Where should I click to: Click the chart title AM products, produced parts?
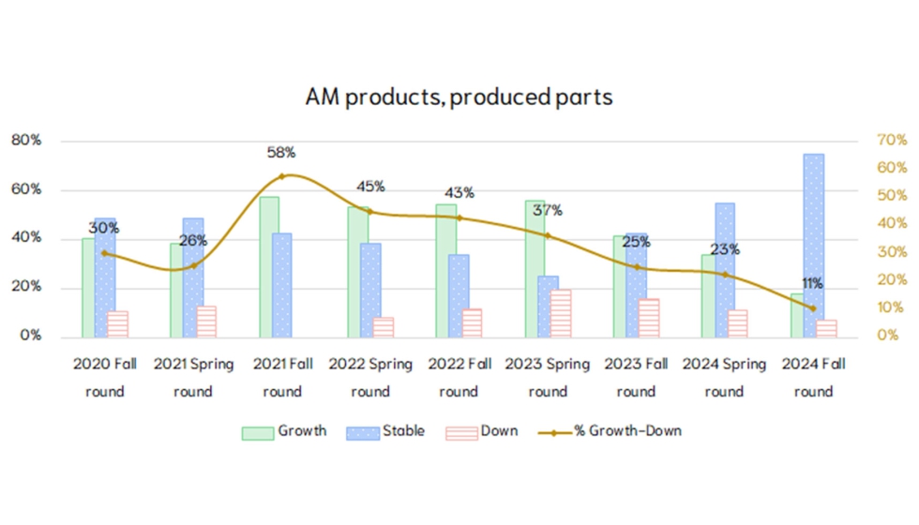(459, 97)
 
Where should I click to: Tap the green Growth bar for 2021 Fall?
(269, 266)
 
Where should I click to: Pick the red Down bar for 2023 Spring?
(560, 313)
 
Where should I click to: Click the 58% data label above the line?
(281, 152)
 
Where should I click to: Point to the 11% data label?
(811, 283)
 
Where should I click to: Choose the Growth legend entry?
(285, 432)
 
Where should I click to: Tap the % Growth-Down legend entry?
(612, 432)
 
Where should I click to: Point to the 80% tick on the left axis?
(26, 141)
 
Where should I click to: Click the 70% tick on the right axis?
(892, 141)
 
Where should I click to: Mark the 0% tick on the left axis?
(30, 336)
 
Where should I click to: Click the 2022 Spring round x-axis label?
(370, 377)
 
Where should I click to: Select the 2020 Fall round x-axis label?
(105, 377)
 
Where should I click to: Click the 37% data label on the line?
(548, 210)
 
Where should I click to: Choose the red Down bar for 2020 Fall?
(117, 323)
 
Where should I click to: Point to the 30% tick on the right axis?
(892, 252)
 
